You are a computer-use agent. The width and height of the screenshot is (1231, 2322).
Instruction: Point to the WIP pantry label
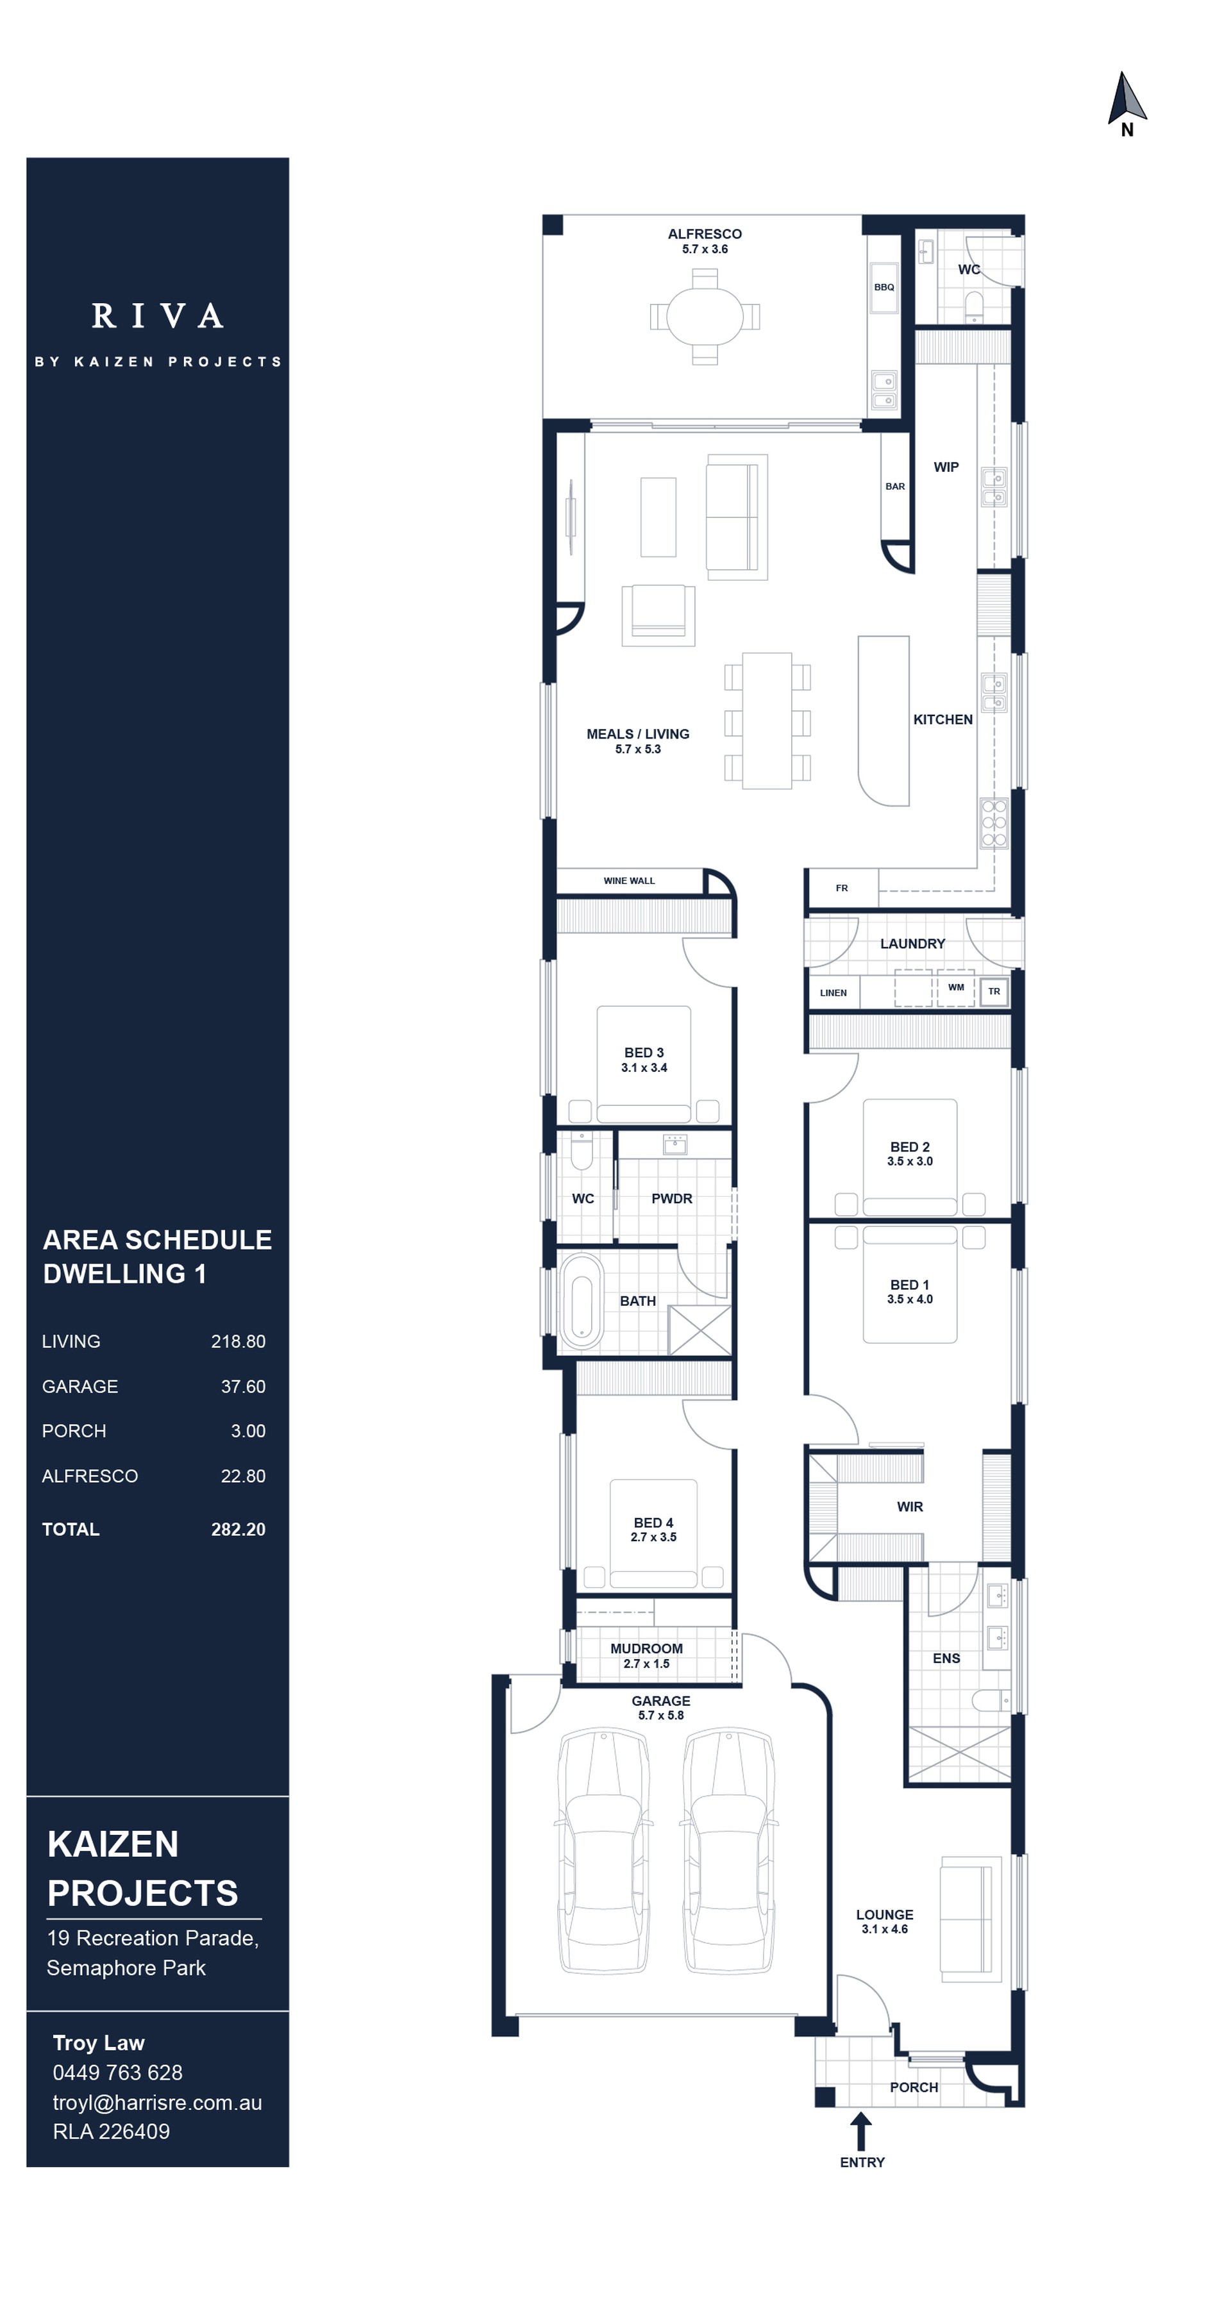tap(945, 467)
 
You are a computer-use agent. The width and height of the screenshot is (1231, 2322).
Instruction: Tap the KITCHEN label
tap(942, 719)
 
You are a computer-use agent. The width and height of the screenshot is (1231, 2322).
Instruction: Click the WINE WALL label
tap(629, 881)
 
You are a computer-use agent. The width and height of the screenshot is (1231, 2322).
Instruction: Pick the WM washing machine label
tap(955, 988)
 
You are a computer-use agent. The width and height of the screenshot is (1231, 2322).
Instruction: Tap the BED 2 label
tap(909, 1148)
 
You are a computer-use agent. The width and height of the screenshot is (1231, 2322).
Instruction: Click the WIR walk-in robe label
tap(909, 1507)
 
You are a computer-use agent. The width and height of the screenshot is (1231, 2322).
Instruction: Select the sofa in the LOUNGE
tap(969, 1917)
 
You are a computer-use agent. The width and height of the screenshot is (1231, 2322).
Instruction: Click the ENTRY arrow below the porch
tap(860, 2131)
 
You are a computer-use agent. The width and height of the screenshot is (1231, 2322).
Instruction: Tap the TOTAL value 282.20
tap(238, 1530)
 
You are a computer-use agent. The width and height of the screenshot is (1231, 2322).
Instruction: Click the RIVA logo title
tap(158, 317)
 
